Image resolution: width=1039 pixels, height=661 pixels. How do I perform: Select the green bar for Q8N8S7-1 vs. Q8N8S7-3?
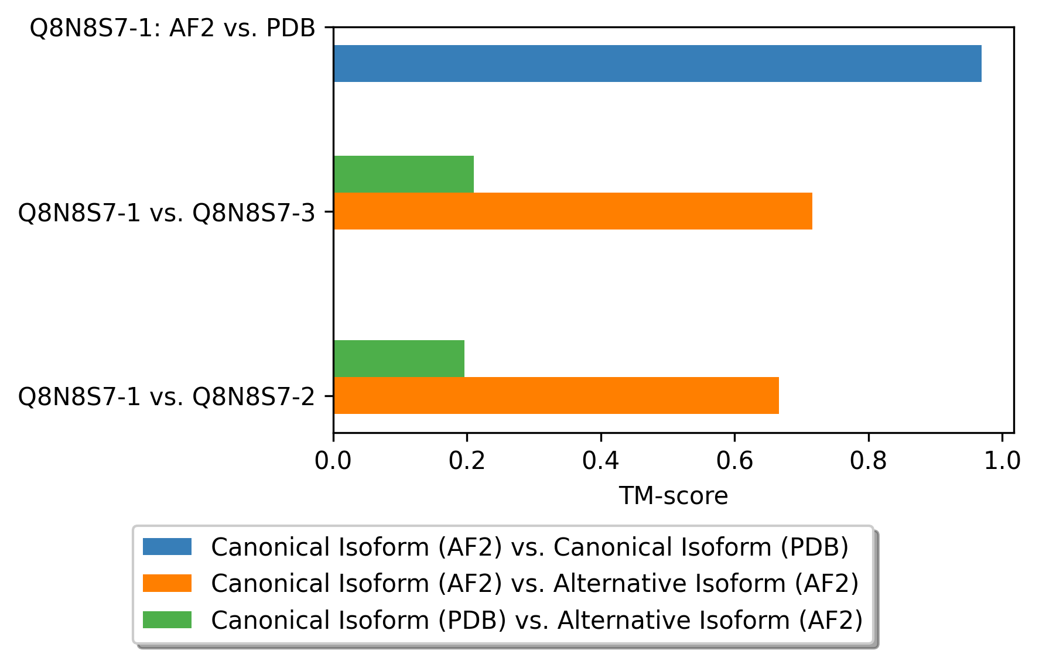point(404,174)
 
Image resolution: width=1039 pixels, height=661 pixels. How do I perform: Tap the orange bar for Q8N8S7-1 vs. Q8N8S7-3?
point(573,211)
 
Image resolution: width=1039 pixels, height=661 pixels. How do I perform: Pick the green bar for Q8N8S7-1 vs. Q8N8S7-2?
point(399,358)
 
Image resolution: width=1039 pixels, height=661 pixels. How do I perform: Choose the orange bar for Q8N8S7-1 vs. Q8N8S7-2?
point(556,395)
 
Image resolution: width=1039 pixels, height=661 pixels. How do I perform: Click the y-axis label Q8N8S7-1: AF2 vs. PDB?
point(172,28)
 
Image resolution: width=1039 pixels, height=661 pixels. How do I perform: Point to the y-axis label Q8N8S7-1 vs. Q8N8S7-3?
point(167,213)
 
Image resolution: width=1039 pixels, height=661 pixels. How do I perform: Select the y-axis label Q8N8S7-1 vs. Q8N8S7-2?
point(167,396)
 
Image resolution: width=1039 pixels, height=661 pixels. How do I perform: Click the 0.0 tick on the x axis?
point(333,461)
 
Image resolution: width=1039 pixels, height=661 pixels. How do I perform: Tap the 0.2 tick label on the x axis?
point(467,461)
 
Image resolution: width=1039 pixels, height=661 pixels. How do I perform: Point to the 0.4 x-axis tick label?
point(600,461)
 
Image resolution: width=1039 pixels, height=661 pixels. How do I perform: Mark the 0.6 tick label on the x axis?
point(734,461)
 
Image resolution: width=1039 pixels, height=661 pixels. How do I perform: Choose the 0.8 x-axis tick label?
point(868,461)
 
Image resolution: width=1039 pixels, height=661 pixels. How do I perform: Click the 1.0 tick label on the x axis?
point(1002,461)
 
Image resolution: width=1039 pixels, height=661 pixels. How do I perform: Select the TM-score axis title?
point(674,496)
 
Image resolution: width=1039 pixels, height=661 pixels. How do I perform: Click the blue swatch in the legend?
point(167,547)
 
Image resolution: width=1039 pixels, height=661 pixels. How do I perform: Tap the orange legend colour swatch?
point(167,583)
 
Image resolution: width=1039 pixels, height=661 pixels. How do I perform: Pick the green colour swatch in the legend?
point(167,619)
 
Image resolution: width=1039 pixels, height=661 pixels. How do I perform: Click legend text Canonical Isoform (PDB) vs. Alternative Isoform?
point(536,620)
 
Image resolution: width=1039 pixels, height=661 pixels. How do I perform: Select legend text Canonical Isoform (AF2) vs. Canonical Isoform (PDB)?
point(529,547)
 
